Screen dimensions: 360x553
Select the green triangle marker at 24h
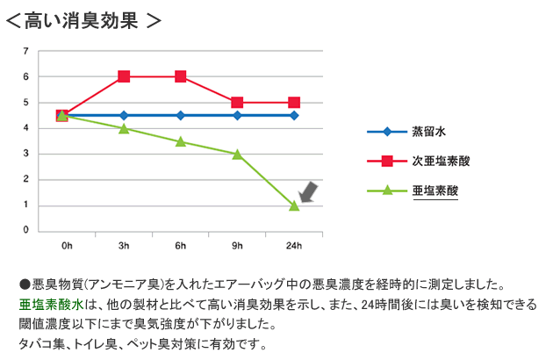(294, 205)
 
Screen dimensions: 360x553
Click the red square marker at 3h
(124, 76)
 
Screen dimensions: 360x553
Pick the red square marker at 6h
(181, 76)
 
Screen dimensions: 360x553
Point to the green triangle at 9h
(237, 154)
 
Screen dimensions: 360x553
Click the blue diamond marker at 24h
(294, 115)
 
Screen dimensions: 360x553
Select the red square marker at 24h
(294, 103)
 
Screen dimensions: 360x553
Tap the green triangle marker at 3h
(124, 128)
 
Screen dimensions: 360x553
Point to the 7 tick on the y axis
(26, 52)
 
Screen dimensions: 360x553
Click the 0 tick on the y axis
(26, 231)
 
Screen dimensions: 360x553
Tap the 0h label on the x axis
(67, 245)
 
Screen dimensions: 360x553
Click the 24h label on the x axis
(294, 245)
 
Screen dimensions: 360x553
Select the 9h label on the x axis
(237, 245)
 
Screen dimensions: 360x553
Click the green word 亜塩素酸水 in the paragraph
(50, 305)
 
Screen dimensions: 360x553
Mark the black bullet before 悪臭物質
(25, 285)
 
